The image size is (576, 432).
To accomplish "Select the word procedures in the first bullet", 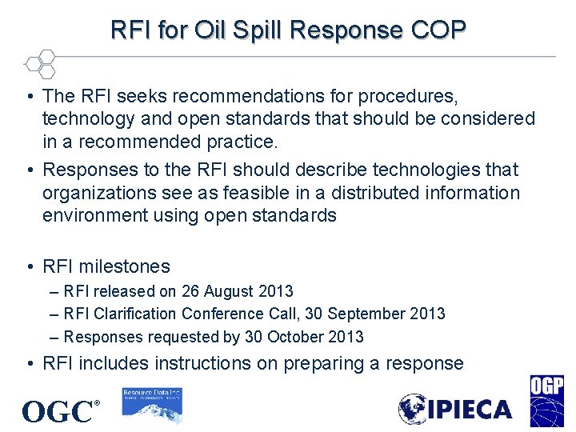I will pos(408,97).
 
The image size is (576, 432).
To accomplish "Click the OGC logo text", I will pos(58,412).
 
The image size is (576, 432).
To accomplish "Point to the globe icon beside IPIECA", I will pos(414,409).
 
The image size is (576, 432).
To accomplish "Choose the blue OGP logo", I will pos(546,401).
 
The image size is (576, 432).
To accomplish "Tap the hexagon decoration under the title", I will pos(40,63).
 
